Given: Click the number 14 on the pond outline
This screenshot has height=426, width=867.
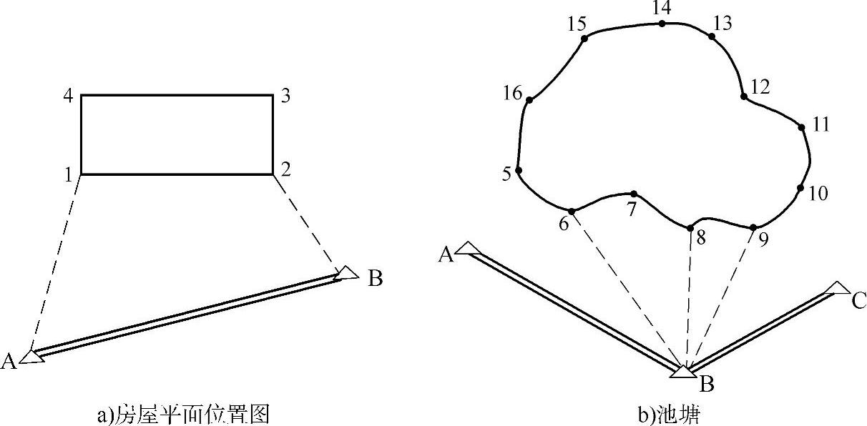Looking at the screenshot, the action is click(662, 9).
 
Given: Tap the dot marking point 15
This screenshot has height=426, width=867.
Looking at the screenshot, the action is click(584, 39).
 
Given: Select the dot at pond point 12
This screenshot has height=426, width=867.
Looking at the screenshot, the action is click(744, 96).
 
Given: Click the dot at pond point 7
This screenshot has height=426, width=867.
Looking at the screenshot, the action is click(634, 194).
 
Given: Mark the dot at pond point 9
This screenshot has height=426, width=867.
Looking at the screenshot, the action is click(753, 227).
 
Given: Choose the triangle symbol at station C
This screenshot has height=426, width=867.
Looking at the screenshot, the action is click(836, 288).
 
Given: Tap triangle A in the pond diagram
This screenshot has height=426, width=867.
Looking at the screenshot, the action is click(467, 248).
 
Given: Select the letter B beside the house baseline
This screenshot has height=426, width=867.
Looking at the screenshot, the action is click(375, 279).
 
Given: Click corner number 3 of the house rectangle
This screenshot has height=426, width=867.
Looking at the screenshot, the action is click(285, 96).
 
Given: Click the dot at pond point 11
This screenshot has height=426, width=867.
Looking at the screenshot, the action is click(802, 127).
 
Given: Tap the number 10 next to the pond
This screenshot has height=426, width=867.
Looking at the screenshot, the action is click(818, 193).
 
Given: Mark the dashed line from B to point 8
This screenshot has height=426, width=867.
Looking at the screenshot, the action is click(688, 300).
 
